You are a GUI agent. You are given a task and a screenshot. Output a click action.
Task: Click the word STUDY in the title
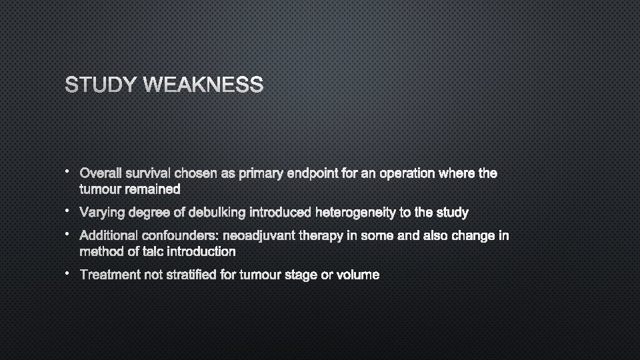pyautogui.click(x=101, y=85)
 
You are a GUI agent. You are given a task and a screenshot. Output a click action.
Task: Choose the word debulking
pyautogui.click(x=217, y=213)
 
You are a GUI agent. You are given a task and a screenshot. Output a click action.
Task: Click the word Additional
pyautogui.click(x=108, y=235)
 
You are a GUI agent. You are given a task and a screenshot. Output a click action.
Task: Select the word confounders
pyautogui.click(x=180, y=235)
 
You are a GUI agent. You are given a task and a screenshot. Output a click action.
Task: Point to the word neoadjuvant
pyautogui.click(x=263, y=235)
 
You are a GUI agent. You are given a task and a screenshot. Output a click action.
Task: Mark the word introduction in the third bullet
pyautogui.click(x=203, y=251)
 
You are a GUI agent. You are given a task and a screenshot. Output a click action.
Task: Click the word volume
pyautogui.click(x=357, y=275)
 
